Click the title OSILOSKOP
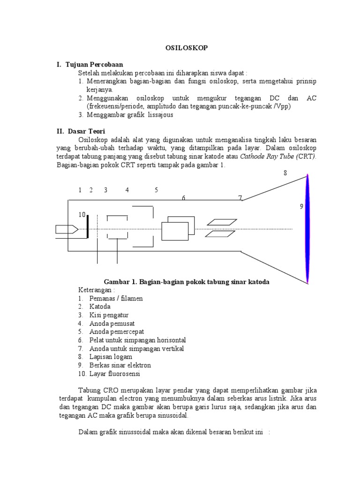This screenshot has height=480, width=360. tap(180, 48)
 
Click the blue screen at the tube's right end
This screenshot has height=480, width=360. tap(307, 229)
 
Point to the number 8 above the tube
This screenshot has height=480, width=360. tap(285, 173)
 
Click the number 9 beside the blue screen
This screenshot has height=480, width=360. tap(302, 206)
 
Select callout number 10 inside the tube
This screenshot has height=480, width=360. tap(82, 215)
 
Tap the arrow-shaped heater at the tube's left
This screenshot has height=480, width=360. tap(66, 229)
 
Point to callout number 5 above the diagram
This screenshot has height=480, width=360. tap(157, 190)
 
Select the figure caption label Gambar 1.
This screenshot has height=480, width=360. tap(120, 282)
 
